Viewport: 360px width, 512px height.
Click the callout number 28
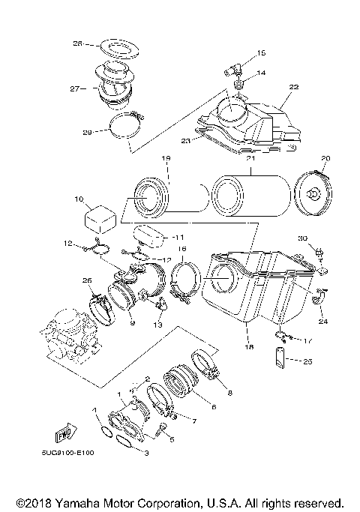click(77, 43)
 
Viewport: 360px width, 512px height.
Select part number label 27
click(75, 88)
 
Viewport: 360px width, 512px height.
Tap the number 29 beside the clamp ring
click(87, 133)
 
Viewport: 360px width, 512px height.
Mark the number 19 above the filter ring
click(166, 159)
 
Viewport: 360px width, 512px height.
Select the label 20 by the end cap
click(325, 159)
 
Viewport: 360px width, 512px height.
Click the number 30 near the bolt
click(302, 238)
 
